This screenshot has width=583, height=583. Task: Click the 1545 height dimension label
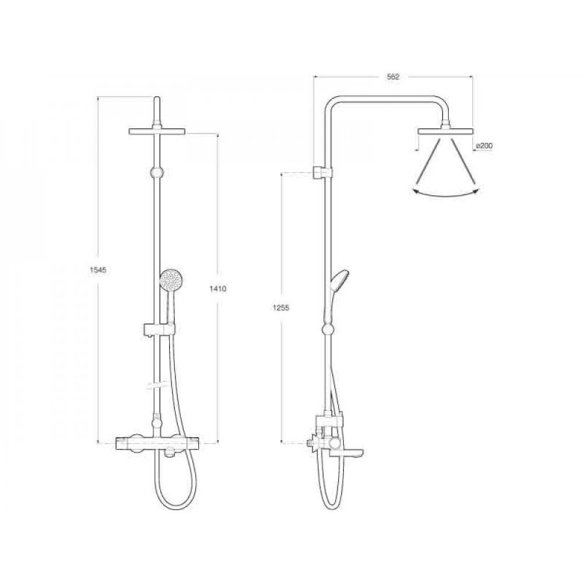[x=98, y=270]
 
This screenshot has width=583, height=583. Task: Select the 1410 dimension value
[x=218, y=289]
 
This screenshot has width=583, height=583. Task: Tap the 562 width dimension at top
[x=393, y=77]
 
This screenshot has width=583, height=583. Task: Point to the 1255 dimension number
[x=281, y=308]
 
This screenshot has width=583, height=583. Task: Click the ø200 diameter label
[x=484, y=146]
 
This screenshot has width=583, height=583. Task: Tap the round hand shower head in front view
[x=172, y=280]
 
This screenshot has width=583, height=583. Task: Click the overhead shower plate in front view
[x=157, y=131]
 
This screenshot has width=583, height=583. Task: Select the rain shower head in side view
[x=445, y=131]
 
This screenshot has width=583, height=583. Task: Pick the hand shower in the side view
[x=337, y=292]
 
